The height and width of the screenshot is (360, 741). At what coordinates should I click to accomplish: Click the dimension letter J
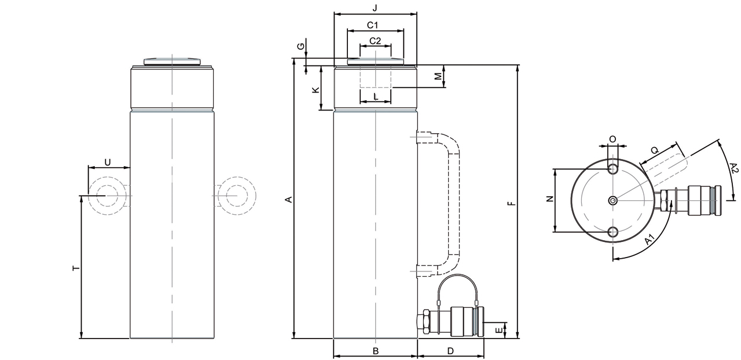tap(375, 8)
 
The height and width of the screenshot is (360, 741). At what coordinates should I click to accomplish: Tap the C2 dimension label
tap(375, 41)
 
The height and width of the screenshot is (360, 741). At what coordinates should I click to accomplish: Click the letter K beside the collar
tap(316, 90)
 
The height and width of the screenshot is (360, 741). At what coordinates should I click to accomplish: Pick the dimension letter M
tap(438, 75)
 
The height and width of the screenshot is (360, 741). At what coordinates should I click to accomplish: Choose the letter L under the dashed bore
tap(376, 97)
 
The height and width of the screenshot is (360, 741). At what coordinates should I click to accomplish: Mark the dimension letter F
tap(509, 203)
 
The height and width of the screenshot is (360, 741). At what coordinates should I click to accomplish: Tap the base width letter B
tap(375, 351)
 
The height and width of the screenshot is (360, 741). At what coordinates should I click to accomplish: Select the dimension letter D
tap(450, 351)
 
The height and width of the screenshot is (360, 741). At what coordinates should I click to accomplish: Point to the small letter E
tap(499, 330)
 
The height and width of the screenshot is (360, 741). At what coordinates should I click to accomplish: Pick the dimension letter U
tap(108, 161)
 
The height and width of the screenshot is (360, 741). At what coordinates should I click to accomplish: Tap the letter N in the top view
tap(550, 199)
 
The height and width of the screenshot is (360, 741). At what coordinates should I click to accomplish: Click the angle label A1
tap(650, 238)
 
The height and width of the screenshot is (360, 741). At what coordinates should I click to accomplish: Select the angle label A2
tap(733, 169)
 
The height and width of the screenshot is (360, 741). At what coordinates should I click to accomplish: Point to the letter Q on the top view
tap(655, 150)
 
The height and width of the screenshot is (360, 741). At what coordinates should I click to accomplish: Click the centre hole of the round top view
tap(613, 200)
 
